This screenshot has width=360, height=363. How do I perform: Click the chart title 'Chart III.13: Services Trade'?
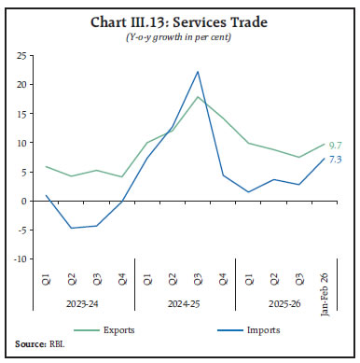[180, 21]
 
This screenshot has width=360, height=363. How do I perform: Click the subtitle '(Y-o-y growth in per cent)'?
[180, 36]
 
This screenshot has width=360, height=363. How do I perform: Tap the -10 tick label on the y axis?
[17, 258]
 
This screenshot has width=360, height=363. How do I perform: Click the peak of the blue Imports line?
[198, 72]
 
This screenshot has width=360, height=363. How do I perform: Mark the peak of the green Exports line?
[198, 97]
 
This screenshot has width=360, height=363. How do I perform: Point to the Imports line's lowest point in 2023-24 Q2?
[71, 228]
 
